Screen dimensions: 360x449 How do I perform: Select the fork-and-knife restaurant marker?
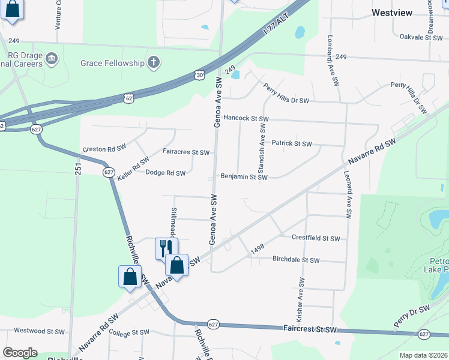tap(166, 247)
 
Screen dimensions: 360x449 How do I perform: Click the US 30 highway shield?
tap(199, 74)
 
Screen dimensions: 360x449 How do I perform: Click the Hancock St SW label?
tap(245, 119)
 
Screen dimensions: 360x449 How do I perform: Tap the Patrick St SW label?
tap(292, 144)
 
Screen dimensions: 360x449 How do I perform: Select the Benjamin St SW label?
tap(243, 177)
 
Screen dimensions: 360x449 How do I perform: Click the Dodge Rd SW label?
tap(166, 173)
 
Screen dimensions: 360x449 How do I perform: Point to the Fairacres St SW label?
tap(186, 152)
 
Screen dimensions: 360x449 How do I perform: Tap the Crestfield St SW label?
tap(316, 238)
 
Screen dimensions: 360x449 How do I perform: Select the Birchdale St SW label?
tap(296, 260)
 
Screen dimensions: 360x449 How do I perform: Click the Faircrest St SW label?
tap(310, 330)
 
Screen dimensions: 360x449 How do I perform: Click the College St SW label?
tap(128, 332)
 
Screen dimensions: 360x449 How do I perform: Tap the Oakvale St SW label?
tap(421, 37)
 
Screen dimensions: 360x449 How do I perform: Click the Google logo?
tap(20, 353)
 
